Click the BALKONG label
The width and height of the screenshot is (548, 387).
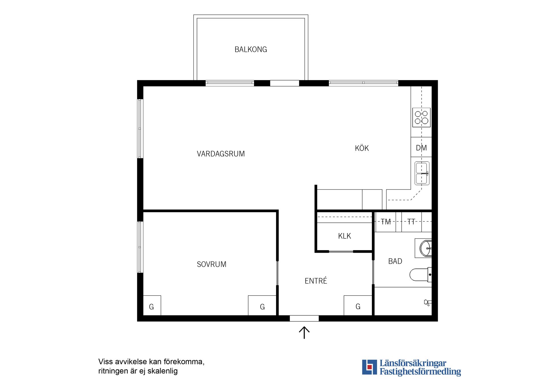251,50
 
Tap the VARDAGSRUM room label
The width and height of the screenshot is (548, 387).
221,154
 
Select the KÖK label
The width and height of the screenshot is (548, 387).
362,148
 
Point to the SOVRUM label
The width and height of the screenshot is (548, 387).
211,264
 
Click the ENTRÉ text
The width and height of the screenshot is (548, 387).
316,281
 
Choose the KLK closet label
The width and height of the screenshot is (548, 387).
344,236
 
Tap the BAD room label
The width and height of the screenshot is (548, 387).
395,261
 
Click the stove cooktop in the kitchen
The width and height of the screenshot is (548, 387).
421,117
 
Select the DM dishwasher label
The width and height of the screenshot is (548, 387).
421,148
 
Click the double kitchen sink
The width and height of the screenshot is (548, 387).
422,173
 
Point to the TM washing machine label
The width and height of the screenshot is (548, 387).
386,222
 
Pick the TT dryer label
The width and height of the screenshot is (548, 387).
411,222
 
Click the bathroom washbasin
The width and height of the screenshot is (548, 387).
426,248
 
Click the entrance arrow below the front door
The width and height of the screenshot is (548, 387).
304,333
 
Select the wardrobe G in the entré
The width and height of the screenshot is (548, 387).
358,305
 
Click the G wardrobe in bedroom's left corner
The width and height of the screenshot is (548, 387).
152,305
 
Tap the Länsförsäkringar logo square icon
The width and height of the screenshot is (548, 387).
369,367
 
